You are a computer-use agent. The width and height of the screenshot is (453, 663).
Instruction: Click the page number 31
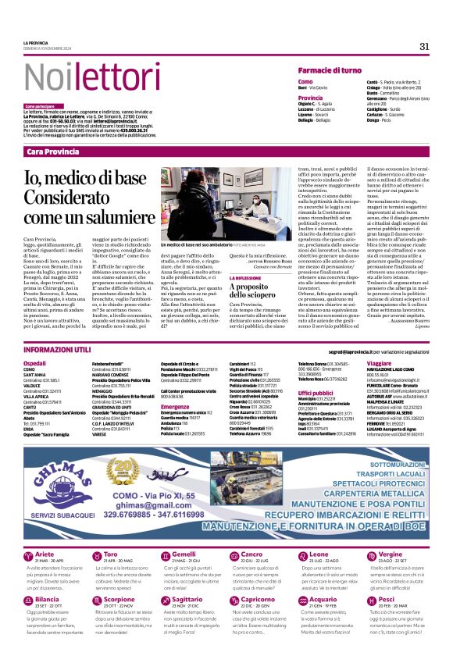(424, 46)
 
